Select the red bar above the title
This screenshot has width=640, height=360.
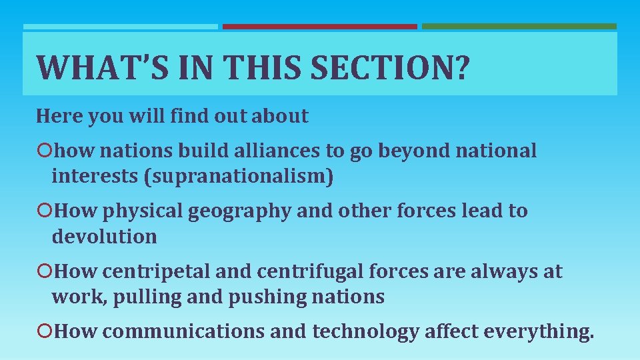[319, 27]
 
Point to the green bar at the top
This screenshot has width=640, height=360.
[519, 27]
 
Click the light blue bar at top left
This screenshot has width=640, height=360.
[120, 27]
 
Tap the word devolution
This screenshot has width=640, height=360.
[104, 237]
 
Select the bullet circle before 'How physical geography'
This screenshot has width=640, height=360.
[45, 211]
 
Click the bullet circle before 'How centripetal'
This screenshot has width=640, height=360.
[45, 272]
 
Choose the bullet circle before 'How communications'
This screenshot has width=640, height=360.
[45, 331]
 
